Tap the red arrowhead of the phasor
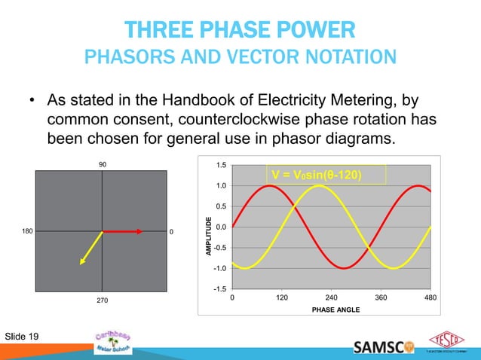pos(139,231)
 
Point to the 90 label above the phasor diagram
pos(103,163)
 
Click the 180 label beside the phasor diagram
pos(24,231)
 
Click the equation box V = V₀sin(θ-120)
pos(328,175)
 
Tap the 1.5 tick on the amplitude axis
pos(220,165)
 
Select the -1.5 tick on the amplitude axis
pos(219,288)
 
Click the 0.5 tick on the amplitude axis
pos(220,206)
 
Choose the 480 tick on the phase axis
pos(430,298)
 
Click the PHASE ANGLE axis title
pos(331,310)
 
